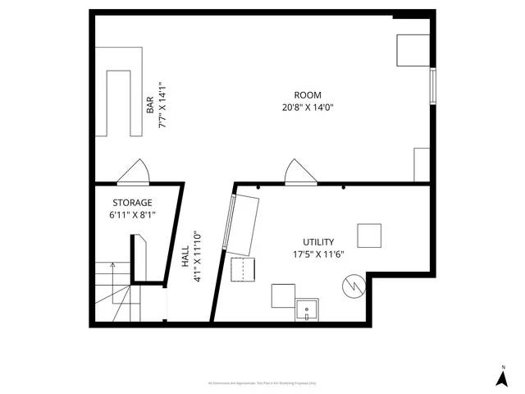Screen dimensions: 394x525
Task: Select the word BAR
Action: coord(150,105)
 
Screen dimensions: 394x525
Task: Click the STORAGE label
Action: coord(132,203)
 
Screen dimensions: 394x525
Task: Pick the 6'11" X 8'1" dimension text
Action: coord(132,215)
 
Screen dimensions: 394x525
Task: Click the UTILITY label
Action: coord(318,242)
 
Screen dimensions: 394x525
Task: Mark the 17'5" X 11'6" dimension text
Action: coord(318,254)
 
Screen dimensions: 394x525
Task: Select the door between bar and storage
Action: coord(133,173)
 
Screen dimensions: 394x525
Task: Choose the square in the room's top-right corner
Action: coord(413,50)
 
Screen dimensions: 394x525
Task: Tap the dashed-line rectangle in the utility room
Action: coord(244,269)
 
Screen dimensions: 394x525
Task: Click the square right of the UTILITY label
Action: coord(370,236)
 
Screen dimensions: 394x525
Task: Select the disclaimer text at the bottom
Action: coord(262,383)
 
